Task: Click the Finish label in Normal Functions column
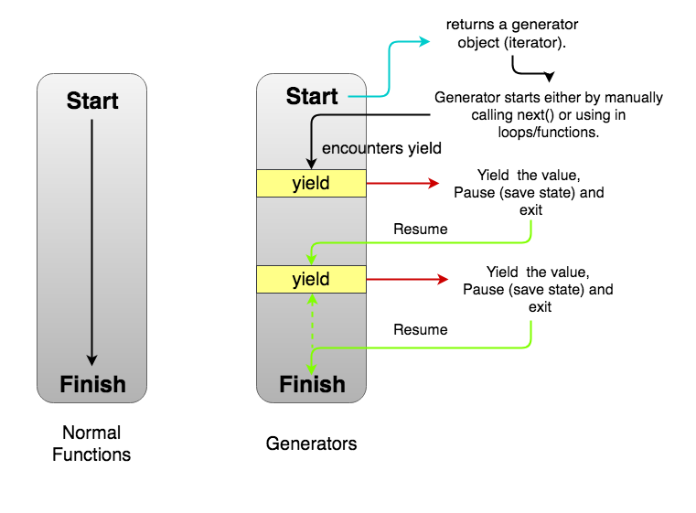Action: point(91,384)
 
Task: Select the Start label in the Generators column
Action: point(311,96)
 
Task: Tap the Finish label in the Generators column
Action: point(311,384)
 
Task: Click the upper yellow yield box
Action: point(311,183)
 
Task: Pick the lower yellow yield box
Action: point(311,279)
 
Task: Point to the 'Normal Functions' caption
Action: point(91,444)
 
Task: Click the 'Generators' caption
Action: point(311,444)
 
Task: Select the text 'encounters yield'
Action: point(382,148)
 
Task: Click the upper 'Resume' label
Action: point(420,229)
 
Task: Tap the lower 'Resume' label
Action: point(420,329)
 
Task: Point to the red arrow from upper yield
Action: point(402,183)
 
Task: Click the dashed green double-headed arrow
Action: point(312,320)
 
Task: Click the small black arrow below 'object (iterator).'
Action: point(530,70)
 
